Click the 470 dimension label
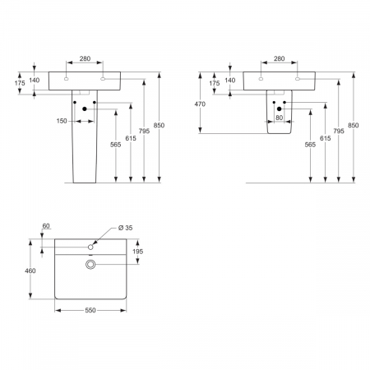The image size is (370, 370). pos(200,104)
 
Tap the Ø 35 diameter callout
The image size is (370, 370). pos(125,228)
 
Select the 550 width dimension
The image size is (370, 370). pos(90,310)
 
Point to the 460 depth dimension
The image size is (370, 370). pos(30,271)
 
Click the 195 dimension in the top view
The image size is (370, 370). pos(137,252)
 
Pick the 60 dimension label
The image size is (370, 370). pos(46,226)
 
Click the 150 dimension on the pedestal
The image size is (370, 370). pos(62,121)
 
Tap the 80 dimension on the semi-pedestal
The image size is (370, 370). pos(279,118)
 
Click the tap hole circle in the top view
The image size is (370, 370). pos(90,247)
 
